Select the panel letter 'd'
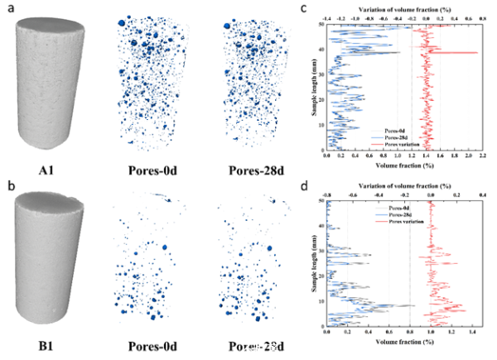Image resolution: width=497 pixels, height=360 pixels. [x=304, y=185]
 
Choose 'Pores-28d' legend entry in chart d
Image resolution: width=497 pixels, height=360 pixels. [x=354, y=213]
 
